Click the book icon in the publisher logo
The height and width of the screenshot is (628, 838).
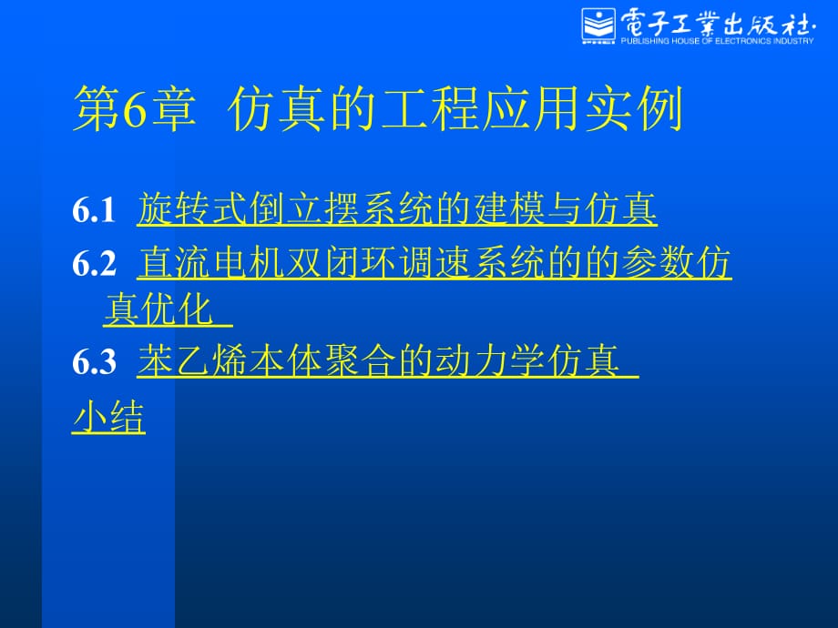[x=598, y=25]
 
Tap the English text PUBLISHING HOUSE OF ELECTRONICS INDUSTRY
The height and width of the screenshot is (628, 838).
[x=717, y=41]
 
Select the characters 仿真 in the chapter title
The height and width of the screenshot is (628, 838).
[x=277, y=109]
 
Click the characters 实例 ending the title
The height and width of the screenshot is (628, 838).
[x=634, y=109]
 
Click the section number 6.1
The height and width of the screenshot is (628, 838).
[x=94, y=210]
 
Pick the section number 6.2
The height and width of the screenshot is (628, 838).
[x=94, y=263]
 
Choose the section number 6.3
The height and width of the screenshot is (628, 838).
[x=94, y=361]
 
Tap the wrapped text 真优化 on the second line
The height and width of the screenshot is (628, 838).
[x=158, y=309]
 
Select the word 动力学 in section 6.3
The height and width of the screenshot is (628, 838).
[x=491, y=360]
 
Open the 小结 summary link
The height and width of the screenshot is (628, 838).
[x=108, y=417]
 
